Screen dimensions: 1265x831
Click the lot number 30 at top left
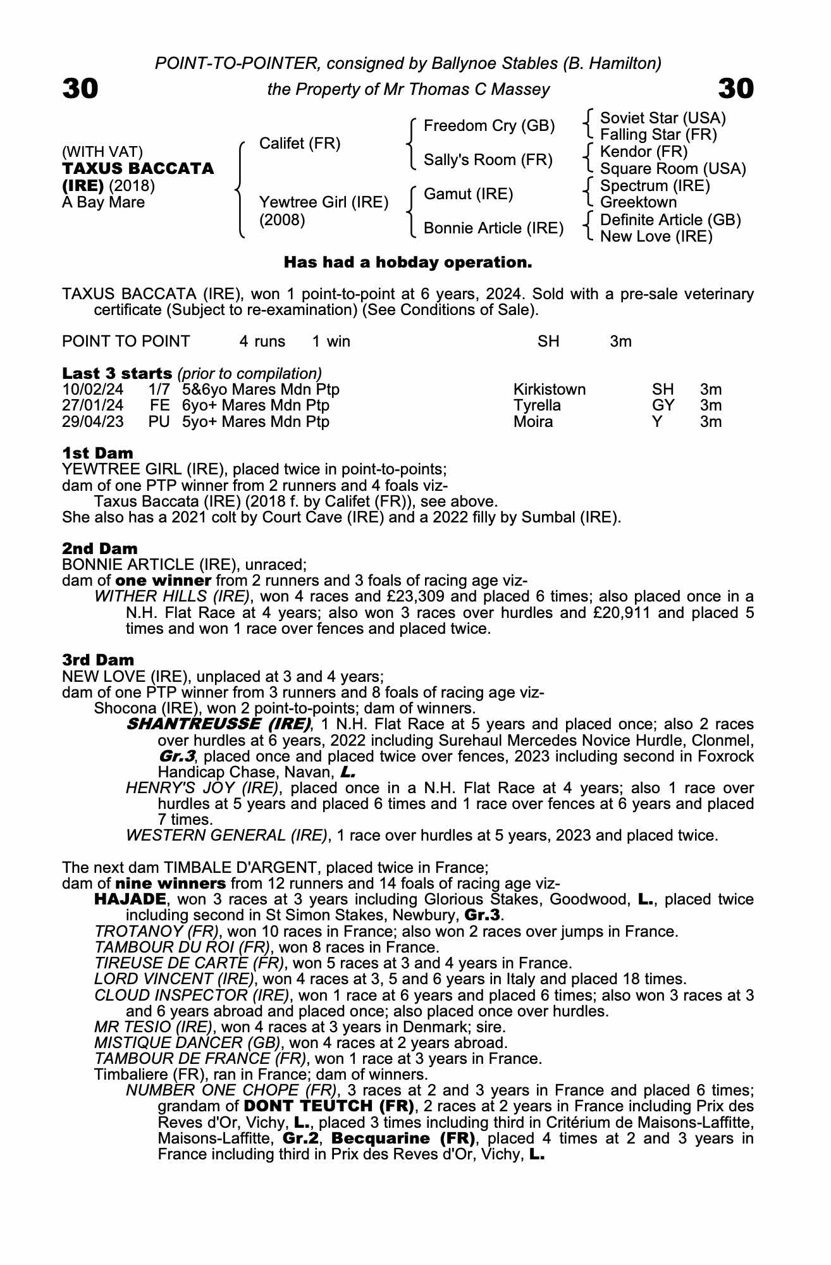point(80,89)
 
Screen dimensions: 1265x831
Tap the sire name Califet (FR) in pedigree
point(300,144)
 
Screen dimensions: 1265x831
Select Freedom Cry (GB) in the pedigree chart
point(489,126)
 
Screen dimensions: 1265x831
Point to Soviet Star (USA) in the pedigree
point(662,118)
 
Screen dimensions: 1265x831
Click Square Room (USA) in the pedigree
point(672,169)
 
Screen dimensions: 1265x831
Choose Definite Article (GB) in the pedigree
point(670,219)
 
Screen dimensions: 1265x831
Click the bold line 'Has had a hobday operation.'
point(408,262)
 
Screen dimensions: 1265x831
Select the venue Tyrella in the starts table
point(537,405)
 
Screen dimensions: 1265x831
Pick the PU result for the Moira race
point(159,421)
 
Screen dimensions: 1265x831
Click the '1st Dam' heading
point(97,453)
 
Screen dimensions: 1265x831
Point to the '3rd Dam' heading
point(98,660)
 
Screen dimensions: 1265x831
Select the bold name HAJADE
point(130,899)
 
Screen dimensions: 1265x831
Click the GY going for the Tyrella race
point(663,405)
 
